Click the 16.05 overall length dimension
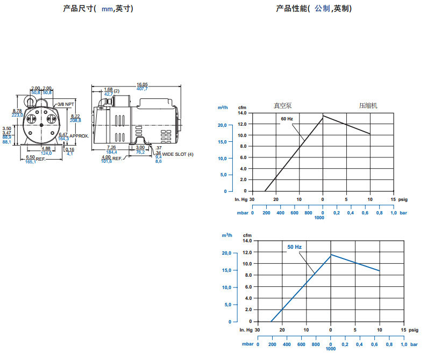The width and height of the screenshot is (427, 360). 142,84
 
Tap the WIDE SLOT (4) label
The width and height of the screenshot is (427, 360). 177,154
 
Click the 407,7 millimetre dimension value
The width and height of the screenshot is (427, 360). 142,89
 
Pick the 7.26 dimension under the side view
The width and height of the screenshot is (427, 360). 112,147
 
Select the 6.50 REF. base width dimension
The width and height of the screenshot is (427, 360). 31,157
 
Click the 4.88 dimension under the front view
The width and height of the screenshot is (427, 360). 46,148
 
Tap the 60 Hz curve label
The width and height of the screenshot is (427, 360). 287,118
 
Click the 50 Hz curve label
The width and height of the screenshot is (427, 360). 294,247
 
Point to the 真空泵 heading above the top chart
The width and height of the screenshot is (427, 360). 282,105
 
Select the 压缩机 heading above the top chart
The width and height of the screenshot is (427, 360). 368,105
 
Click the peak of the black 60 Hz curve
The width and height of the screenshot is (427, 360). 323,116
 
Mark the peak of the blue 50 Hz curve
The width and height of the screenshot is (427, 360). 331,255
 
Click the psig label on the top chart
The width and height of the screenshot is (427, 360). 402,199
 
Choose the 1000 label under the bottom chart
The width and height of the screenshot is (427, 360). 330,349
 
